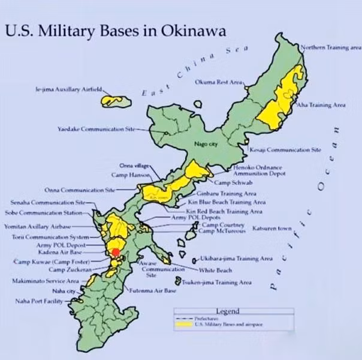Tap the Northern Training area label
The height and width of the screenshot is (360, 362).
pyautogui.click(x=330, y=47)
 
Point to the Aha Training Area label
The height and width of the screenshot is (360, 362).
pyautogui.click(x=322, y=104)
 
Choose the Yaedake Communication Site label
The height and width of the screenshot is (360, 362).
pyautogui.click(x=93, y=129)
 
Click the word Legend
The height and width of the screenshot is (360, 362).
pyautogui.click(x=227, y=311)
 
